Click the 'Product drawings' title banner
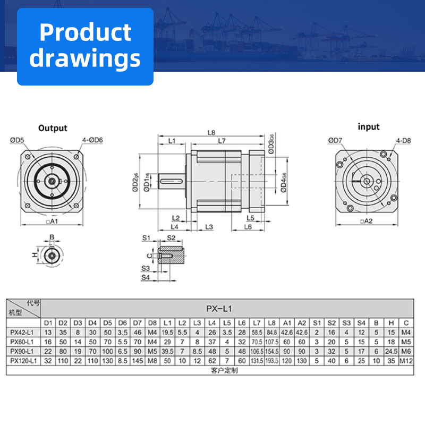pos(85,46)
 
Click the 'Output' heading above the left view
pos(53,128)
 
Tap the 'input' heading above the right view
pos(369,127)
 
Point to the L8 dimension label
pos(211,132)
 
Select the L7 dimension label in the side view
pos(222,141)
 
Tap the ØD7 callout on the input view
pos(336,140)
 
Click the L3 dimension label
pos(209,227)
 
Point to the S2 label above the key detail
pos(171,237)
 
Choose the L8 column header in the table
pos(272,323)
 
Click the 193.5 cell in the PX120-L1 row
pos(272,360)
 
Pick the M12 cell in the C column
pos(406,360)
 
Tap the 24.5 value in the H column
pos(391,351)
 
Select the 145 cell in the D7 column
pos(138,360)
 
